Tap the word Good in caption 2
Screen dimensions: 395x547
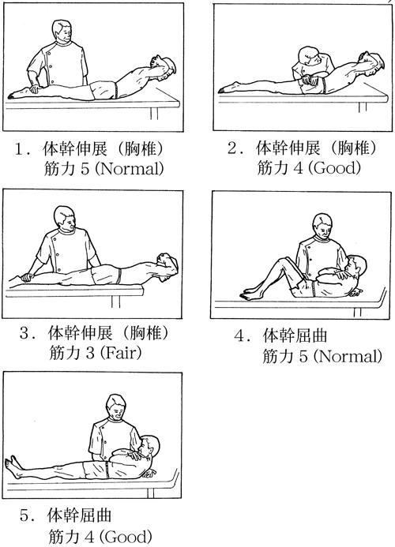point(337,168)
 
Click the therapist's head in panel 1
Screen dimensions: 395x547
point(62,30)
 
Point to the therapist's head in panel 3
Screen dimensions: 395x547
point(65,217)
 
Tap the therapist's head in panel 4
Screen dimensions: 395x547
point(322,226)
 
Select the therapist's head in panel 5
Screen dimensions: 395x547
point(116,407)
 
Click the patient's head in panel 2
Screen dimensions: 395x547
point(373,63)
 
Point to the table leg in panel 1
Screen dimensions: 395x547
point(154,114)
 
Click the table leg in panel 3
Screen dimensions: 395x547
point(115,302)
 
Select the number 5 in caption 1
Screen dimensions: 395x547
point(85,170)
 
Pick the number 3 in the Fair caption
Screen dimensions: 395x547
point(90,354)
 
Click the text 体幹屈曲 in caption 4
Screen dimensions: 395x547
point(295,335)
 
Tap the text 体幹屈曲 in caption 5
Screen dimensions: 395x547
point(79,515)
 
